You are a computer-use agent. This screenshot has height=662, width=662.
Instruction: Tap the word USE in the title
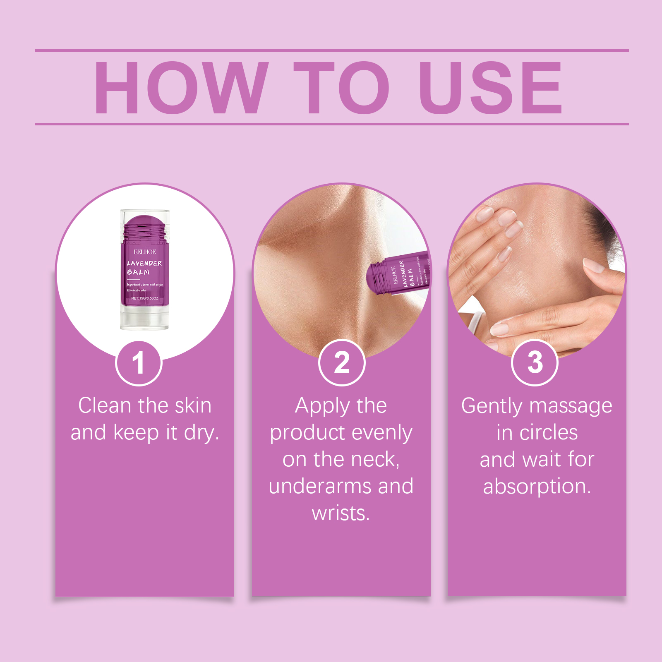coord(490,88)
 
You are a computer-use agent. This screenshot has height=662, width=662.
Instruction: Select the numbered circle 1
coord(139,363)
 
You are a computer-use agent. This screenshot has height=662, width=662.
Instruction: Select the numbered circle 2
coord(342,363)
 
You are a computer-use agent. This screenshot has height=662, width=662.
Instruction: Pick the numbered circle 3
coord(535,363)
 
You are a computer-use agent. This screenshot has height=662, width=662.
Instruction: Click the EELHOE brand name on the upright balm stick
coord(145,252)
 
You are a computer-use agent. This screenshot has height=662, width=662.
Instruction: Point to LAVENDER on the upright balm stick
coord(144,263)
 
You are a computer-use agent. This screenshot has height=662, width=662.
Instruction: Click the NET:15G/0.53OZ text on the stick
coord(145,298)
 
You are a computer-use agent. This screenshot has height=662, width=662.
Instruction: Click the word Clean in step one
coord(105,406)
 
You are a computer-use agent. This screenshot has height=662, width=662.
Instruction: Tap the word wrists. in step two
coord(341,513)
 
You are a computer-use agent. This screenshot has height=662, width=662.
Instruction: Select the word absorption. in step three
coord(537,487)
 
